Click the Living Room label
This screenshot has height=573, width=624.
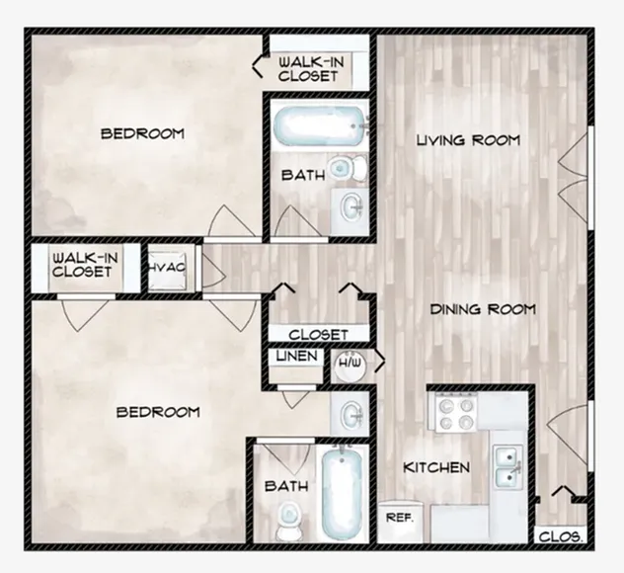click(468, 140)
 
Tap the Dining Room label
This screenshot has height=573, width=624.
click(483, 309)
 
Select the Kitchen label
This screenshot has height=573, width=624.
click(436, 467)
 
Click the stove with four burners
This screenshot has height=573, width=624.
click(456, 412)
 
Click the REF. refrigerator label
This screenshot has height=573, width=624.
click(400, 518)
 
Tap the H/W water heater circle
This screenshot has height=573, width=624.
click(351, 365)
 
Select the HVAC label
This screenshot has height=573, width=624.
click(167, 267)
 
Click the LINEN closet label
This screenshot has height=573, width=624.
click(297, 356)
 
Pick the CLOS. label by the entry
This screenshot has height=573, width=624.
click(561, 537)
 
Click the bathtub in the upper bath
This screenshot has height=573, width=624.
click(319, 124)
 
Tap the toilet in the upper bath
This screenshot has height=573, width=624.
click(349, 167)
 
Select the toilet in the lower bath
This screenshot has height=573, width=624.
click(287, 520)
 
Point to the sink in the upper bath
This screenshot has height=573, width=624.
click(351, 206)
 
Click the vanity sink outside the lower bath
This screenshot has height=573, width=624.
click(351, 413)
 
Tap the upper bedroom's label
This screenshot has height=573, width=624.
click(142, 133)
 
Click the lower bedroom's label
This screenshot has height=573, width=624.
click(158, 412)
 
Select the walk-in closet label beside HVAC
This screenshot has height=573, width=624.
click(85, 265)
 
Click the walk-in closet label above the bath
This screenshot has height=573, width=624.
click(311, 69)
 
